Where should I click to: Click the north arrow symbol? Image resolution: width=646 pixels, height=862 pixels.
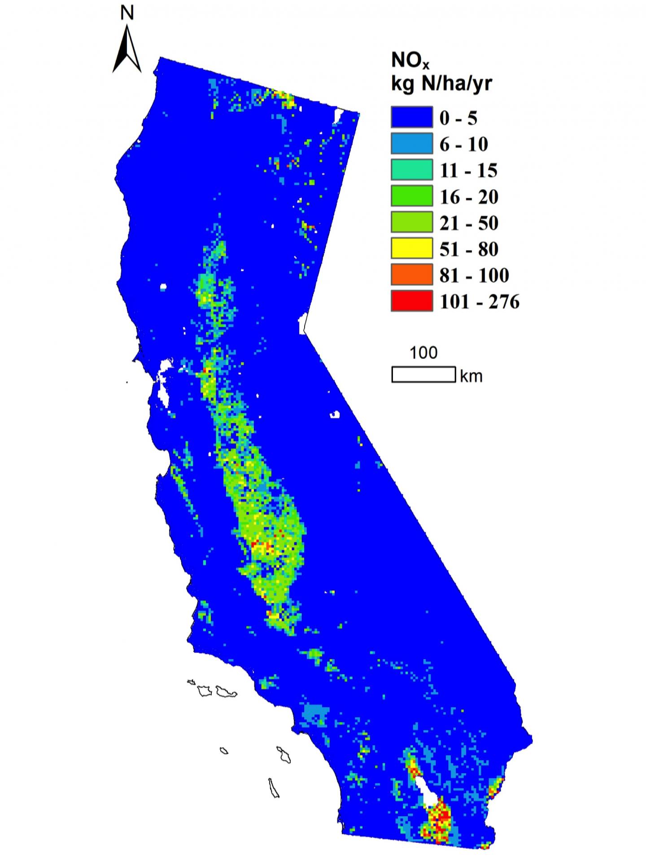coord(127,50)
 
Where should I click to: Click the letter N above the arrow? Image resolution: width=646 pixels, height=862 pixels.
coord(127,13)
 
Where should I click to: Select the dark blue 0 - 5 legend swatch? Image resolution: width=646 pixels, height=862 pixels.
coord(411,118)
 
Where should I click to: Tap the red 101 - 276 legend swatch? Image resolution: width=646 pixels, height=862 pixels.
coord(411,301)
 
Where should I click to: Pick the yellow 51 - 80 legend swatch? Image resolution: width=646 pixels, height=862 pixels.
coord(411,249)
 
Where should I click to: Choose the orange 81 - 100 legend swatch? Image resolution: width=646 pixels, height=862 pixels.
coord(411,275)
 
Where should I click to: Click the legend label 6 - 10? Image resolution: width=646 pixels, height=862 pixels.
coord(463,145)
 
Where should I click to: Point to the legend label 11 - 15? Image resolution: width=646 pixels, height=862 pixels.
coord(468,171)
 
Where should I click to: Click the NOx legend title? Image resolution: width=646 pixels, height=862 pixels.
coord(409,62)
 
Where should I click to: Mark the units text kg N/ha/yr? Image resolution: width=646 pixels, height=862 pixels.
coord(441,84)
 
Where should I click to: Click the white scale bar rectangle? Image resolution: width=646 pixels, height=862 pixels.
coord(423,374)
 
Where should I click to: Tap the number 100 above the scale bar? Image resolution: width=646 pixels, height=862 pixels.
coord(423,353)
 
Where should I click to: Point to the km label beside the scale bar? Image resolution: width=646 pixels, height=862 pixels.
coord(471,376)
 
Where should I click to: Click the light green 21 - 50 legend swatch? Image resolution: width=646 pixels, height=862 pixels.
coord(411,223)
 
